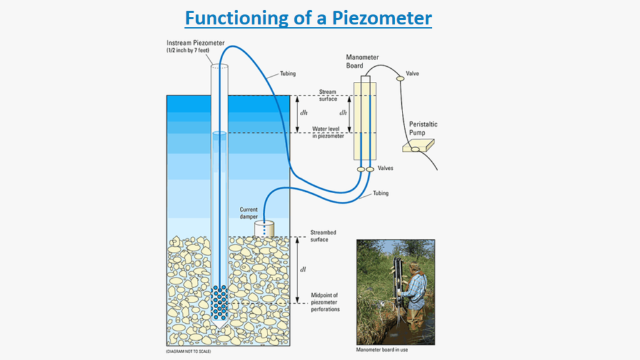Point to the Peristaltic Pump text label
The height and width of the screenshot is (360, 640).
tap(423, 128)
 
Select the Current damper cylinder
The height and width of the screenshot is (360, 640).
tap(266, 229)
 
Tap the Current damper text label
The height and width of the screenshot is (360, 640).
tap(249, 212)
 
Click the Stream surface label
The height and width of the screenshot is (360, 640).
tap(328, 95)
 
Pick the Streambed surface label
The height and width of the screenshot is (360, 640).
tap(324, 236)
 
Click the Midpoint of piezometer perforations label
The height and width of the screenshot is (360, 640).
tap(325, 302)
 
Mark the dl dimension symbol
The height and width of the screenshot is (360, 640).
tap(303, 270)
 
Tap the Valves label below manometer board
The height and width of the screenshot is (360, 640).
tap(385, 168)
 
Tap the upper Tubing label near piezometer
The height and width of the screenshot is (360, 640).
tap(279, 74)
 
